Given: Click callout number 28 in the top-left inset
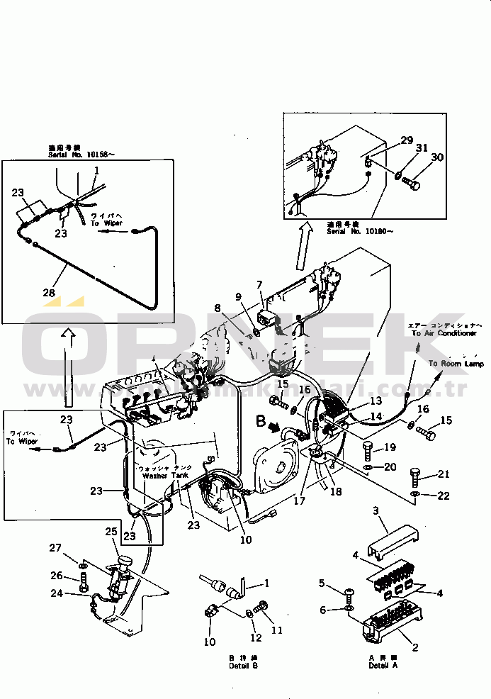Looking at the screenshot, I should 47,292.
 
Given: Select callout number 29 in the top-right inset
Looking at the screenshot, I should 406,140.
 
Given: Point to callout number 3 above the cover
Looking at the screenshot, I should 376,510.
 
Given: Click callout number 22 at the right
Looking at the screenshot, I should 444,496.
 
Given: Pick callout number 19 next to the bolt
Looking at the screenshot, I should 390,447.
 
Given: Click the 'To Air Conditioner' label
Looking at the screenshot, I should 441,333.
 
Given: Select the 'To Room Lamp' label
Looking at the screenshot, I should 456,364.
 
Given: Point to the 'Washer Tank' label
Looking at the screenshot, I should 164,476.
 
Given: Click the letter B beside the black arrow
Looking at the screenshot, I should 261,423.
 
